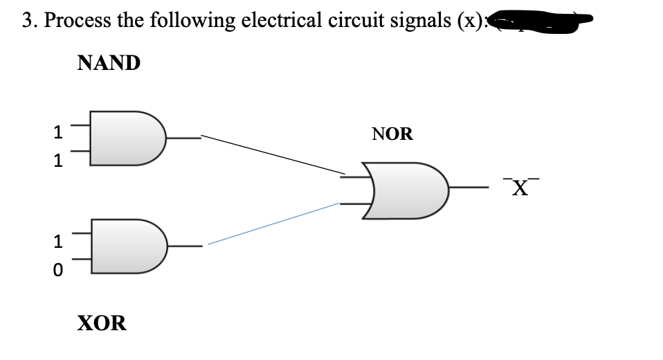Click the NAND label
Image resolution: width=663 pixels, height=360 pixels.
[109, 64]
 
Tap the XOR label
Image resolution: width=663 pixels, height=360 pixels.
[102, 323]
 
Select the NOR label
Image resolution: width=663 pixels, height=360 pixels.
[392, 134]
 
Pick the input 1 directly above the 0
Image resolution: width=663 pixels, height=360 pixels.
[58, 242]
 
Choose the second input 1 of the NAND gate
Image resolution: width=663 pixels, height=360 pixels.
[59, 161]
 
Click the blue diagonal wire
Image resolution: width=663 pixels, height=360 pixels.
[273, 224]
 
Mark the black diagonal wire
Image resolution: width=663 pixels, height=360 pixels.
[273, 154]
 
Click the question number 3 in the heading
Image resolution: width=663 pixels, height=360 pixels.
[27, 21]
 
